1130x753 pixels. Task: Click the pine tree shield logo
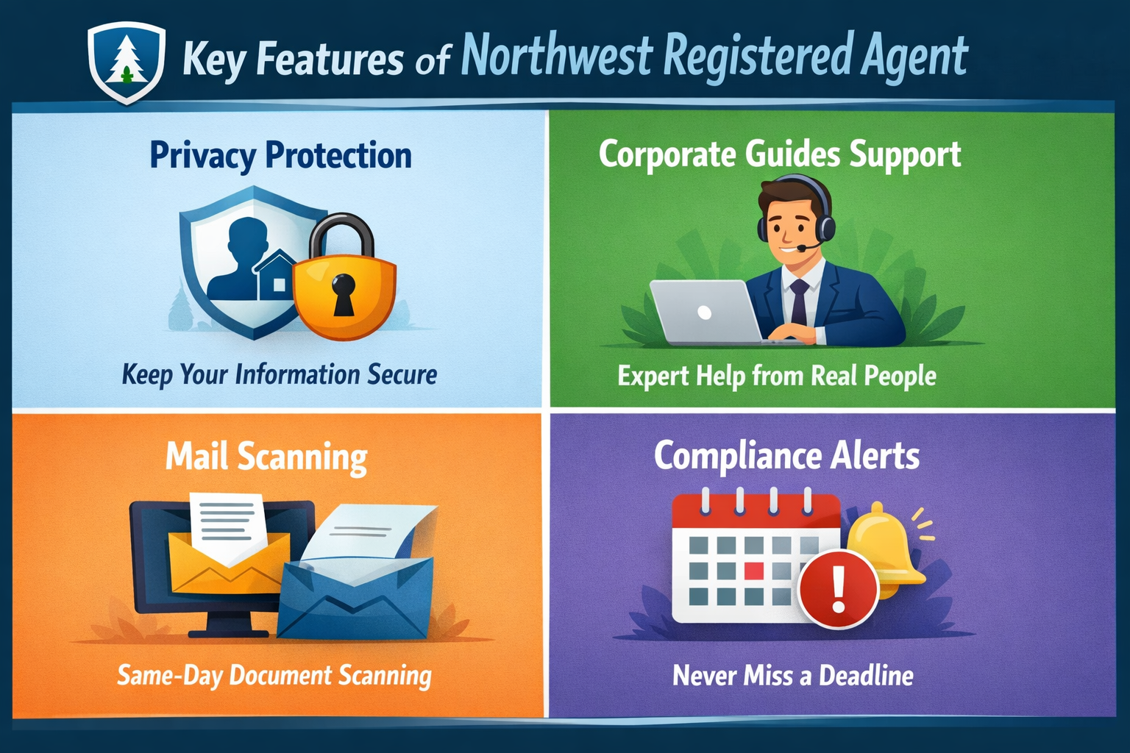(x=126, y=62)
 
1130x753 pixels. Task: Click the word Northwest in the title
(x=557, y=56)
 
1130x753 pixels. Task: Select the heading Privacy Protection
(x=280, y=155)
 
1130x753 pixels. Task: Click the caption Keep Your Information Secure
(x=280, y=374)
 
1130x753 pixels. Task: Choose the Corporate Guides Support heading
(x=780, y=154)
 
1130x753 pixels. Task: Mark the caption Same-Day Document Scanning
(x=274, y=676)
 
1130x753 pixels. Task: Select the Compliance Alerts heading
(x=786, y=456)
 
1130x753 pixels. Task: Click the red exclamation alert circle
(x=839, y=588)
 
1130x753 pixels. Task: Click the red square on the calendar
(x=754, y=571)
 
